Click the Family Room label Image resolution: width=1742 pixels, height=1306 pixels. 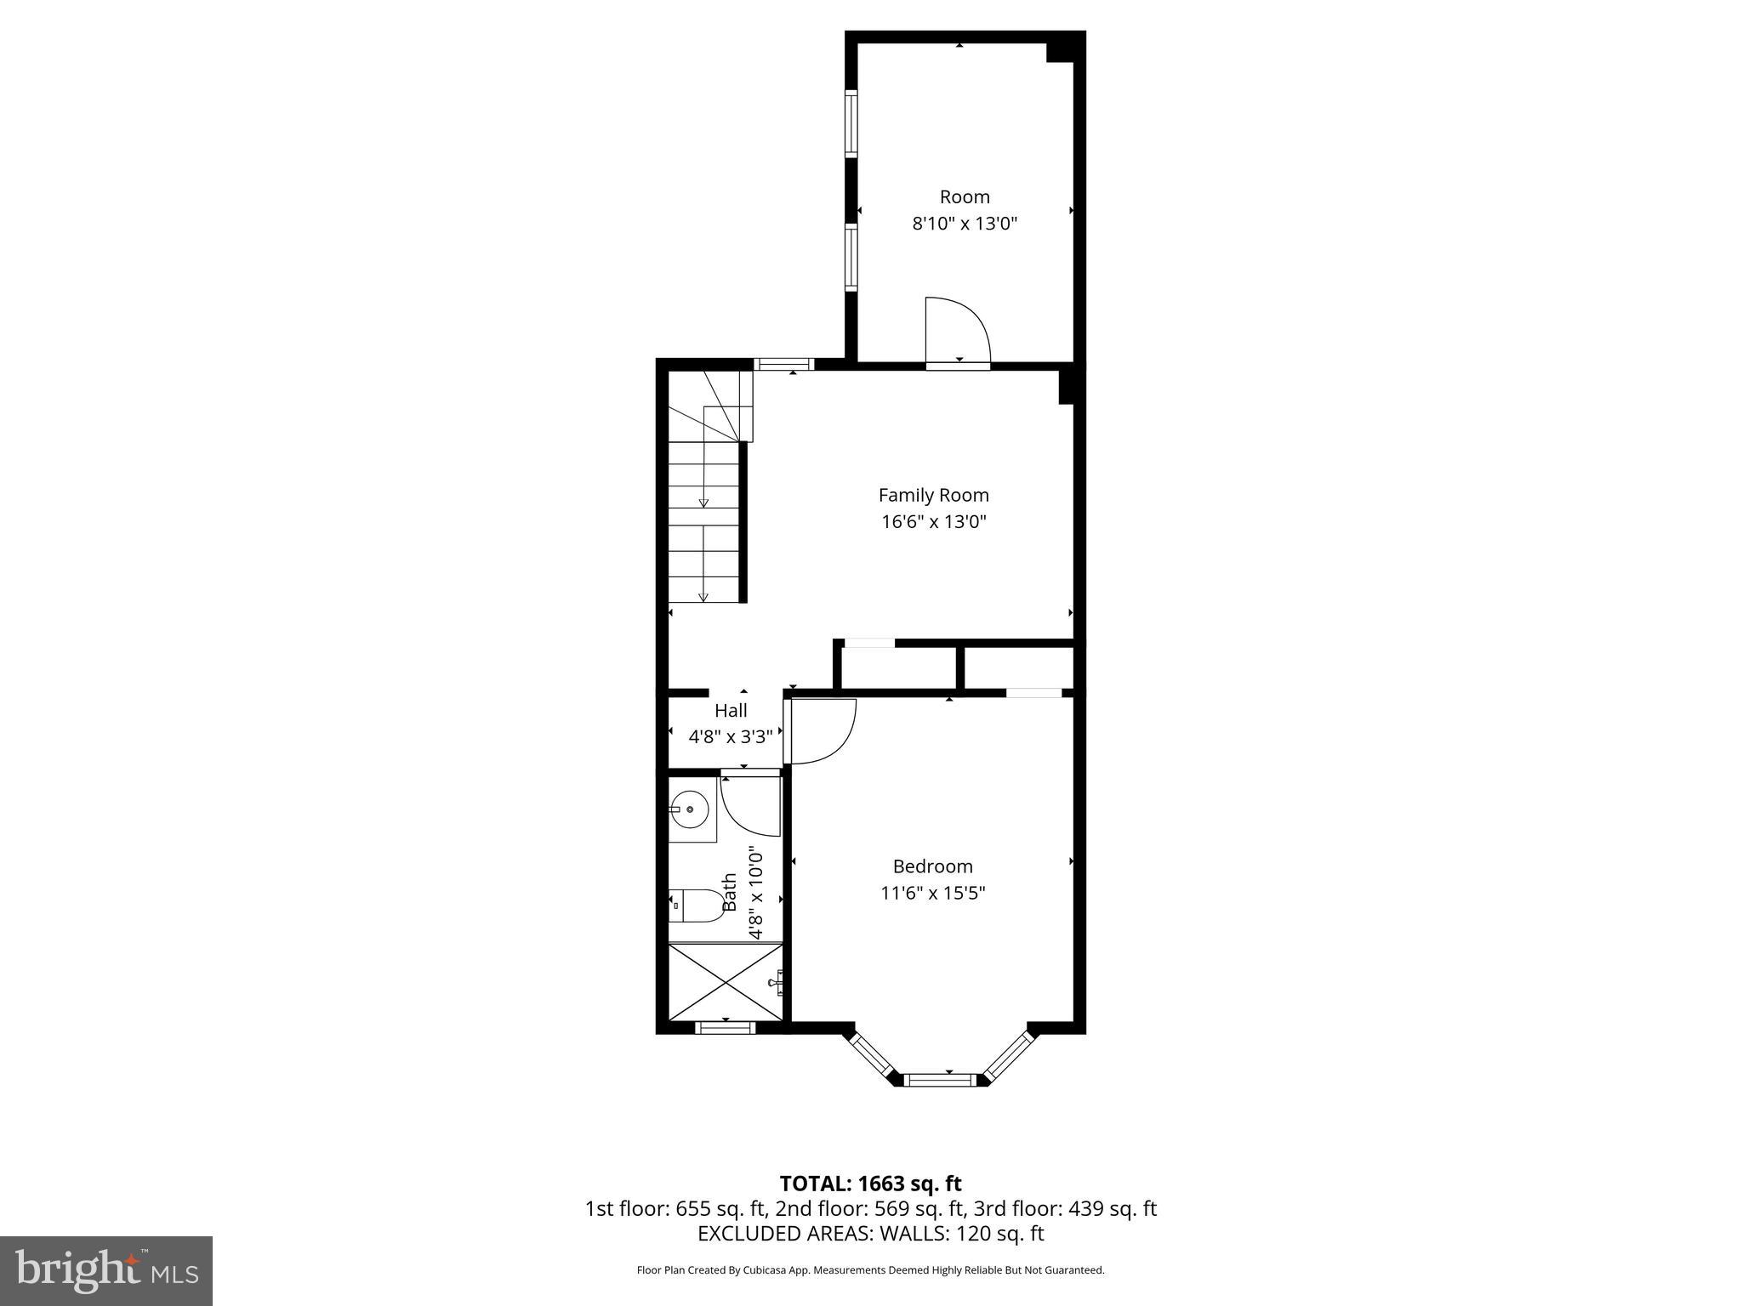point(933,495)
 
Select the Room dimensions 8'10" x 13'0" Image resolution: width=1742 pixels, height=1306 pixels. point(965,224)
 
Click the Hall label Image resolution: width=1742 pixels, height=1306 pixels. point(731,710)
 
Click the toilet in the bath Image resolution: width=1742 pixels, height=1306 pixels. point(694,906)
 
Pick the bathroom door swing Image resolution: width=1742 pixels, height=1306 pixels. point(750,804)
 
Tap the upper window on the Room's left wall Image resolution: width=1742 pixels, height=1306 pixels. point(851,123)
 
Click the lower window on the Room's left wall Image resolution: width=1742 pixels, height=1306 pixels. point(851,256)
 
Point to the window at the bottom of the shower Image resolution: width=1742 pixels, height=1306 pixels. point(725,1028)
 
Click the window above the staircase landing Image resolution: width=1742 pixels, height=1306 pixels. point(784,365)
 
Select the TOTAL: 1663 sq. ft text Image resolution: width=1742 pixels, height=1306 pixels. point(870,1184)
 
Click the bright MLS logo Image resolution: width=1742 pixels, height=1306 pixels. point(106,1271)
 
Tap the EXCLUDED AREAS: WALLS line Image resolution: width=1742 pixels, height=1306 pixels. point(870,1234)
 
